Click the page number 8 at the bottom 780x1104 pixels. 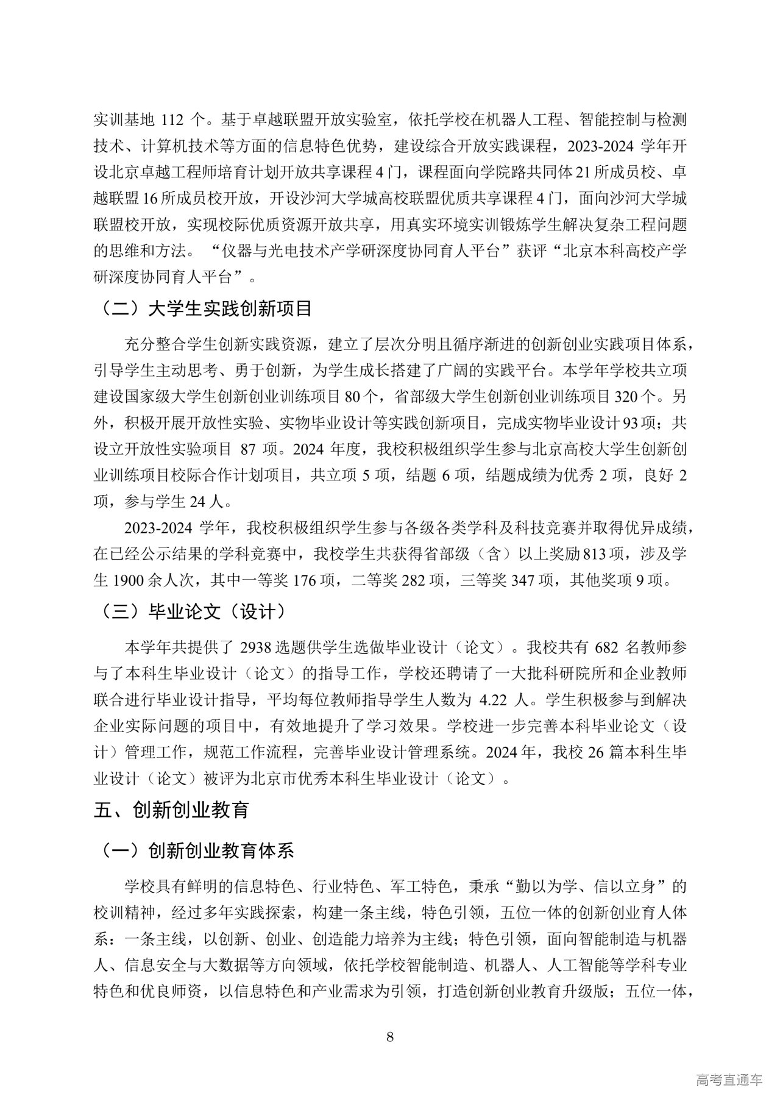pyautogui.click(x=390, y=1037)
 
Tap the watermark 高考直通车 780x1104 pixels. pyautogui.click(x=728, y=1080)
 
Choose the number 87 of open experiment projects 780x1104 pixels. pyautogui.click(x=247, y=449)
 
